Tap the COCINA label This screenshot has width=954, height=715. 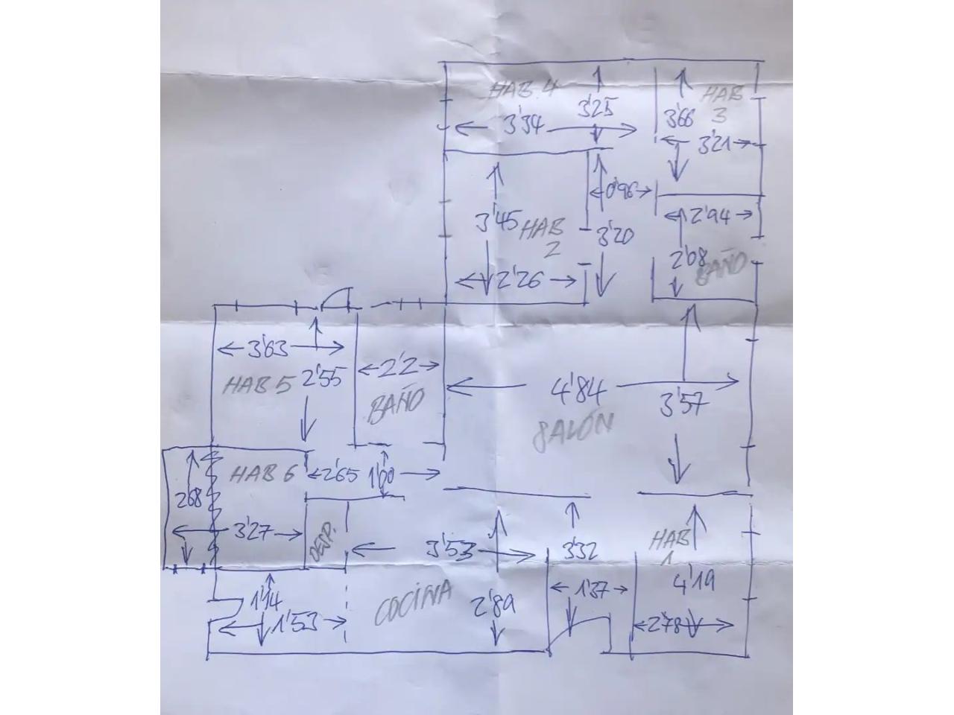[x=413, y=603]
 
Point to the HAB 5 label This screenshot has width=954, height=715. [x=257, y=384]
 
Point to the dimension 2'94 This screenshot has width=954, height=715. [x=710, y=216]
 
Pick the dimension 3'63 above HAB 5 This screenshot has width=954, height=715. [x=269, y=348]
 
